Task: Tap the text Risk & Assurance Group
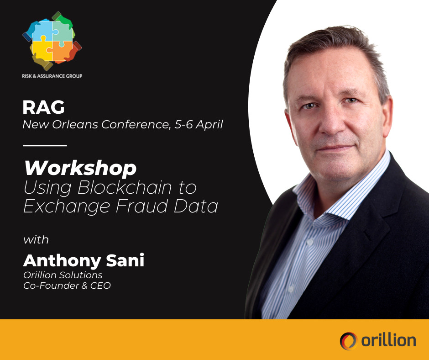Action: tap(52, 76)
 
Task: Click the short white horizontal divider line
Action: tap(45, 145)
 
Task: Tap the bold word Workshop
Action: tap(80, 169)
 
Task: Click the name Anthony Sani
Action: tap(84, 260)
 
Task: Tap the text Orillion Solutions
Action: tap(63, 275)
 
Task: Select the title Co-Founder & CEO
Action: tap(67, 286)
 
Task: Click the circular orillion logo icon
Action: tap(348, 340)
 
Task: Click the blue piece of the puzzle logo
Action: tap(40, 32)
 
